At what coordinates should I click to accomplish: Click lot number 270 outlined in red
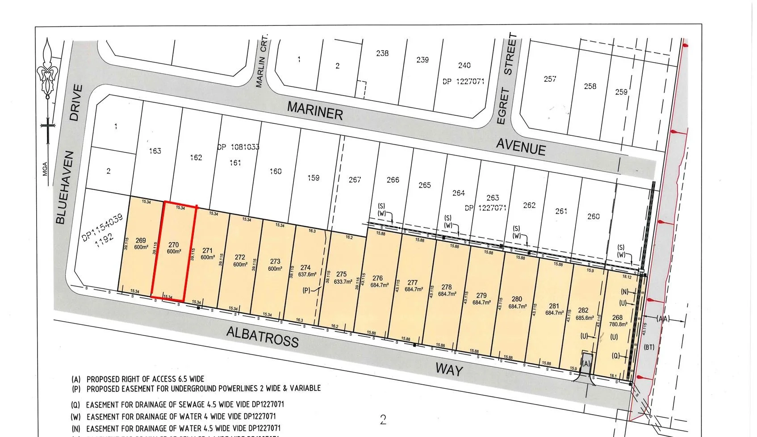coord(174,244)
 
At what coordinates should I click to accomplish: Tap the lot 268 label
coord(617,318)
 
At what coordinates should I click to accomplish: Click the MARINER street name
coord(315,110)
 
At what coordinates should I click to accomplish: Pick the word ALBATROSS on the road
coord(262,336)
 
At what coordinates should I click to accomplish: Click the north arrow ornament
coord(47,71)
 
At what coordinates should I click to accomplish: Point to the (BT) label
coord(649,347)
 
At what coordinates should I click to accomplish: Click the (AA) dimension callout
coord(663,319)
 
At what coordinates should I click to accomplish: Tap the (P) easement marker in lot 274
coord(307,290)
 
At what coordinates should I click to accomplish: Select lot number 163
coord(155,151)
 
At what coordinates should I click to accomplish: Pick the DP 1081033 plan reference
coord(238,147)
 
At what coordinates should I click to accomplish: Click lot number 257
coord(550,79)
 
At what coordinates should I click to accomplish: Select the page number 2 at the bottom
coord(383,420)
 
